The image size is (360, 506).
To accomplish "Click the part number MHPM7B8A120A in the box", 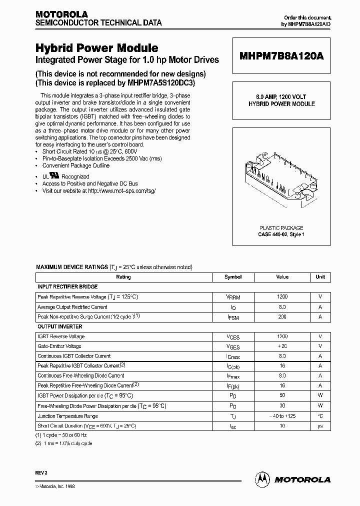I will [x=281, y=56].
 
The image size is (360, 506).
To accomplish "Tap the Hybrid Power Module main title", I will [x=96, y=48].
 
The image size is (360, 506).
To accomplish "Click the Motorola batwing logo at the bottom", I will [x=262, y=479].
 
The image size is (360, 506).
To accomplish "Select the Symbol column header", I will [x=233, y=277].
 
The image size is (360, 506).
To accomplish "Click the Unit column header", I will [x=320, y=277].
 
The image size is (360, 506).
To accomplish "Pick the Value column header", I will [x=282, y=277].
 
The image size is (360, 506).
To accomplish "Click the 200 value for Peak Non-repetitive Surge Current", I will [x=282, y=317].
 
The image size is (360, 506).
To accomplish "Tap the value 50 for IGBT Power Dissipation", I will [x=282, y=395].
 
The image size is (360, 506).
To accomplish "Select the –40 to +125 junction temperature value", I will [x=282, y=415].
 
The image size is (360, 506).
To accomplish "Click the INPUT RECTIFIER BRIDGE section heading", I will [x=67, y=287].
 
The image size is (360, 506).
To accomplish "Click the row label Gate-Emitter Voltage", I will [x=59, y=346].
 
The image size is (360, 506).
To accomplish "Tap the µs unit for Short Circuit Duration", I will [x=320, y=425].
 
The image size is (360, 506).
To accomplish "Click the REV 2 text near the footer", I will [x=42, y=471].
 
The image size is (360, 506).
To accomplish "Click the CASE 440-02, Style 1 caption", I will [x=281, y=234].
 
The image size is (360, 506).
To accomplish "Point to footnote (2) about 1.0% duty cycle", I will [x=64, y=443].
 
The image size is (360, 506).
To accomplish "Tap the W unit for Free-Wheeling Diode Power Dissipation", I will [x=320, y=405].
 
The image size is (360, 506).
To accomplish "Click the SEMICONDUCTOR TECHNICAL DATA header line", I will [x=98, y=23].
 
